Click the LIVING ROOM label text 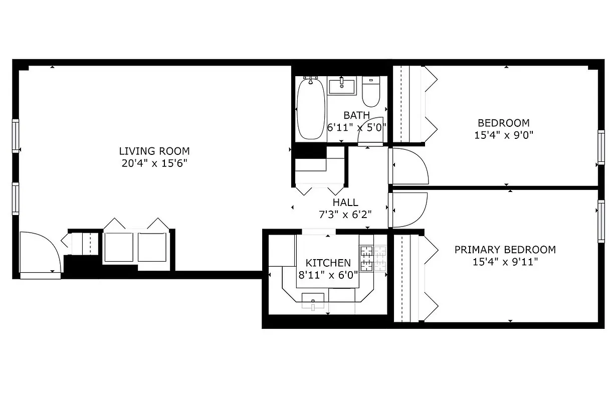[154, 151]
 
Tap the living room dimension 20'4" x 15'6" [154, 163]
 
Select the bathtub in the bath [311, 109]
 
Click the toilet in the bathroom [371, 93]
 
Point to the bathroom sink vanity [342, 86]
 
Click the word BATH [356, 116]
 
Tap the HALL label [345, 203]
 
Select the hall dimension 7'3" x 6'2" [345, 215]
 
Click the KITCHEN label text [328, 263]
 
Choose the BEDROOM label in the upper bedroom [503, 123]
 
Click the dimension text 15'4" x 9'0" [503, 135]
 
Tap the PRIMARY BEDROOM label [505, 250]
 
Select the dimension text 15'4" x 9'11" [505, 262]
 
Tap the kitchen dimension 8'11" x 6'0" [328, 275]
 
